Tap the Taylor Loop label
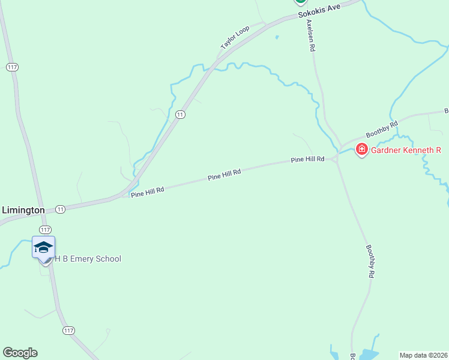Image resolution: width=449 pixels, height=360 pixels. [x=235, y=38]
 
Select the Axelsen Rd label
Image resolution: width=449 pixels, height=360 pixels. [x=310, y=35]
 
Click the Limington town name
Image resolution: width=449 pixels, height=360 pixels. [x=23, y=210]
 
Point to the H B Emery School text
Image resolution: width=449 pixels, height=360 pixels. [x=88, y=259]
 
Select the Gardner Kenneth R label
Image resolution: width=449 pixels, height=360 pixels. [x=405, y=149]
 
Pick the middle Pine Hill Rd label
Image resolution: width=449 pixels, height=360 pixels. [x=224, y=175]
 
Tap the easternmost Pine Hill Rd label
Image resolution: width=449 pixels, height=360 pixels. [x=307, y=160]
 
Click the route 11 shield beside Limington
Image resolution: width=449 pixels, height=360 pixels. [x=61, y=209]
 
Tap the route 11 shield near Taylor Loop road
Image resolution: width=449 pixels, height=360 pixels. [x=180, y=114]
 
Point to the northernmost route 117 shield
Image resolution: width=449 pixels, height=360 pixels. [x=12, y=67]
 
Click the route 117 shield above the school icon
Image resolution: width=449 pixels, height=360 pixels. [x=45, y=230]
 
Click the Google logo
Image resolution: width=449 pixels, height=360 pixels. [x=20, y=352]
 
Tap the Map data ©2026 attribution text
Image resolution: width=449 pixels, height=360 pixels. [x=423, y=355]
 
